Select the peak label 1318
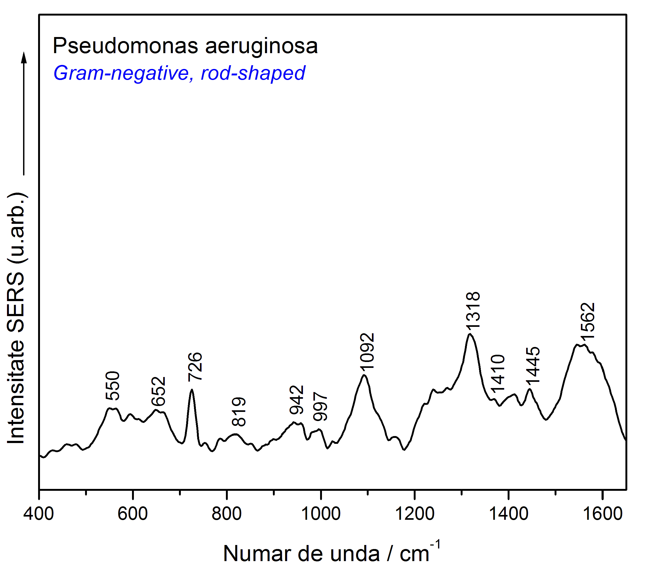[x=473, y=310]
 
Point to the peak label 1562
[x=588, y=321]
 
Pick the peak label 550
[x=113, y=386]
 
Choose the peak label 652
[x=158, y=391]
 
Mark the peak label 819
[x=239, y=412]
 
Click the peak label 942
[x=297, y=400]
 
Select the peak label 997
[x=320, y=407]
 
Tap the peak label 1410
[x=498, y=373]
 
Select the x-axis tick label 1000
[x=321, y=514]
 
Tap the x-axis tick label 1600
[x=603, y=514]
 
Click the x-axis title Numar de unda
[x=301, y=554]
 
